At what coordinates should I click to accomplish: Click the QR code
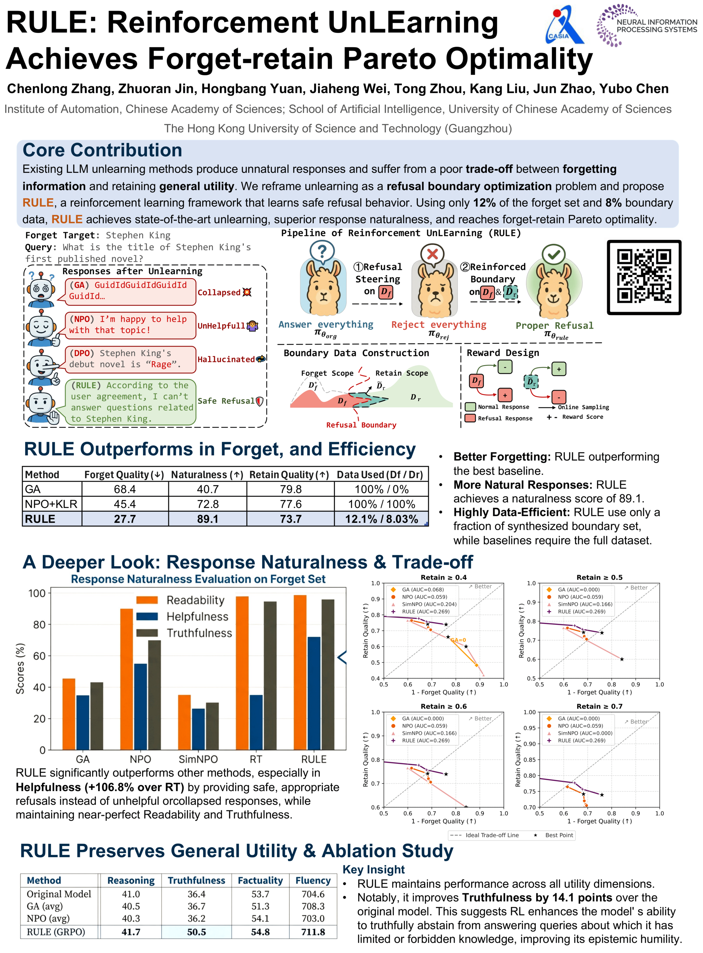pyautogui.click(x=643, y=277)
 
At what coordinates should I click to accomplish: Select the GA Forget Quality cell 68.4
pyautogui.click(x=125, y=489)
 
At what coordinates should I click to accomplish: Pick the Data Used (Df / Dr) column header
pyautogui.click(x=380, y=475)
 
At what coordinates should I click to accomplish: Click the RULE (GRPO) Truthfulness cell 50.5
pyautogui.click(x=196, y=932)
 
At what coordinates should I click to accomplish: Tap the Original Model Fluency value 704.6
pyautogui.click(x=313, y=894)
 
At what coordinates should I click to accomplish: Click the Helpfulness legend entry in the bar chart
pyautogui.click(x=197, y=616)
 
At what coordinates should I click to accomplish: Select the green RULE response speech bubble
pyautogui.click(x=131, y=402)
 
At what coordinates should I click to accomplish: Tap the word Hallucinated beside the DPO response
pyautogui.click(x=226, y=359)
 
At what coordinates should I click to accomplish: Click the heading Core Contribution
pyautogui.click(x=102, y=150)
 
